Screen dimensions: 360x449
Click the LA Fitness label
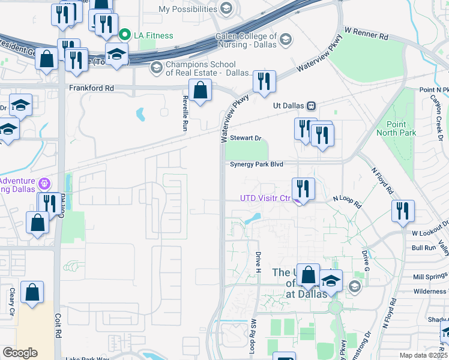pyautogui.click(x=153, y=35)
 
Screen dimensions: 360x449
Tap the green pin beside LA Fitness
pyautogui.click(x=125, y=35)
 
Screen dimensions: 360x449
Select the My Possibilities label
pyautogui.click(x=187, y=9)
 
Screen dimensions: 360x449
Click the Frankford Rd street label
pyautogui.click(x=91, y=87)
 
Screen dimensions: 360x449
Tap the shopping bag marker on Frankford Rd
pyautogui.click(x=200, y=91)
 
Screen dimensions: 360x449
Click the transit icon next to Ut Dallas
pyautogui.click(x=311, y=106)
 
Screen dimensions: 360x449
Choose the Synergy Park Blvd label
pyautogui.click(x=256, y=164)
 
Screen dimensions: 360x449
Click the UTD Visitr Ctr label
pyautogui.click(x=265, y=198)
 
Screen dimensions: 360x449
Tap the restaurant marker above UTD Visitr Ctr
pyautogui.click(x=304, y=189)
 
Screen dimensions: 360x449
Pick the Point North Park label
pyautogui.click(x=397, y=128)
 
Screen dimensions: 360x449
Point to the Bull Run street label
pyautogui.click(x=424, y=247)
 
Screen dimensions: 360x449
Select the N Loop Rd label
pyautogui.click(x=348, y=202)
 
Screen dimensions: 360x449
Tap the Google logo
pyautogui.click(x=20, y=353)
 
